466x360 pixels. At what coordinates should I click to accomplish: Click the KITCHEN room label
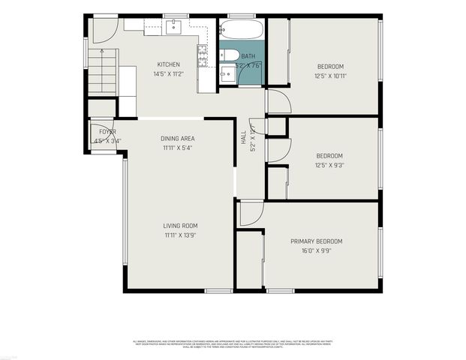click(168, 64)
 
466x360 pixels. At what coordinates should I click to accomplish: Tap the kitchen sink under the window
click(175, 26)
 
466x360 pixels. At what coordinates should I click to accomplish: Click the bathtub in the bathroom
click(241, 30)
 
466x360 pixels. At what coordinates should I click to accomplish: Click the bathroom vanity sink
click(226, 73)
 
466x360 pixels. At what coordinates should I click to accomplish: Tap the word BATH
click(248, 56)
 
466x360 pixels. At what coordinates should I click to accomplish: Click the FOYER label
click(102, 131)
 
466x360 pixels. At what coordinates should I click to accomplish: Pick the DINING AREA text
click(178, 139)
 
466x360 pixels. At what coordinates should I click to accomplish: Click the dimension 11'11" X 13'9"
click(181, 235)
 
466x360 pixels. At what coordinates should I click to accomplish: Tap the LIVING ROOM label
click(181, 226)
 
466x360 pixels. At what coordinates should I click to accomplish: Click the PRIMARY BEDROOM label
click(316, 241)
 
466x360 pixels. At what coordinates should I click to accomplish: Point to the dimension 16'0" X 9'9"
click(316, 251)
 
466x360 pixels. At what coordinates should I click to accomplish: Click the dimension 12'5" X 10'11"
click(329, 76)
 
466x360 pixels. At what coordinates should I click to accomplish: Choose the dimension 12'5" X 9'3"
click(329, 166)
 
